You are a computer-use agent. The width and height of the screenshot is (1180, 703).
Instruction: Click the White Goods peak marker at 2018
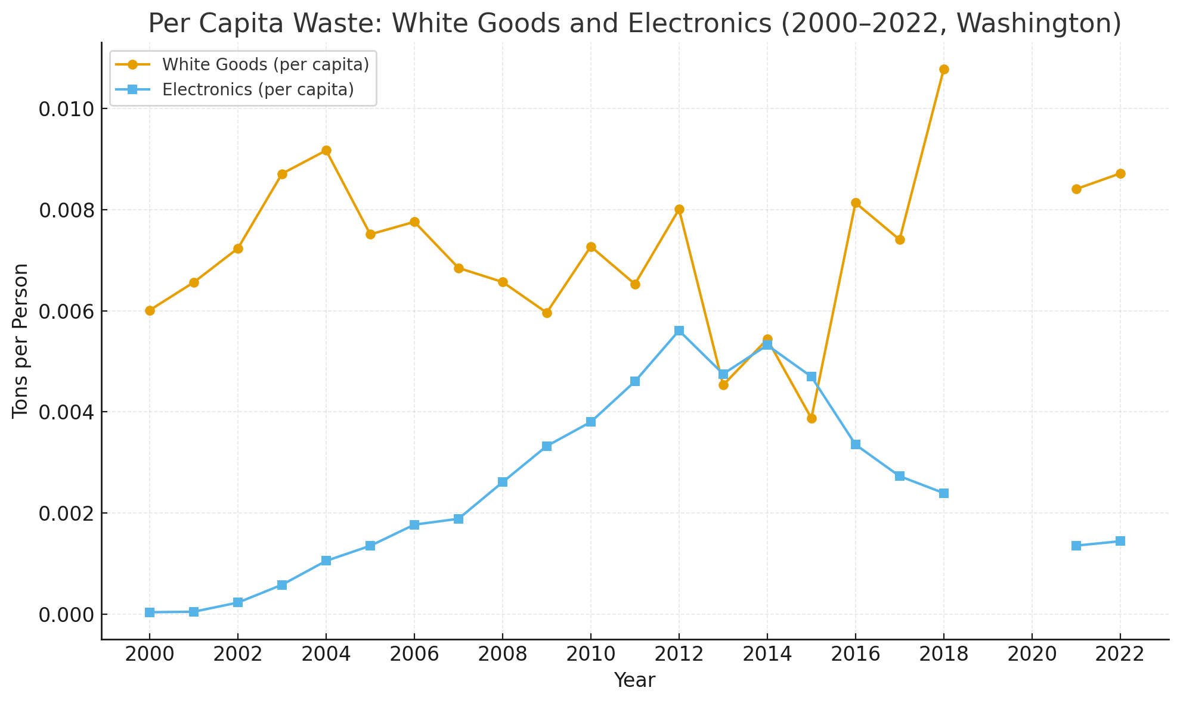pyautogui.click(x=943, y=70)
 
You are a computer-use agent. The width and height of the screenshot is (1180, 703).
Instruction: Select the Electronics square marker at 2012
pyautogui.click(x=679, y=331)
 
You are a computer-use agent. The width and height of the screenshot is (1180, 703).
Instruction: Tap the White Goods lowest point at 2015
pyautogui.click(x=811, y=418)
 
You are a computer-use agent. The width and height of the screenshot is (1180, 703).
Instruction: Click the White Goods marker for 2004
pyautogui.click(x=326, y=151)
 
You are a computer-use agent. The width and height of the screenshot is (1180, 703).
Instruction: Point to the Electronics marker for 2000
pyautogui.click(x=150, y=612)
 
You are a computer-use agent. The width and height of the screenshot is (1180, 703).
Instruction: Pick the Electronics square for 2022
pyautogui.click(x=1120, y=541)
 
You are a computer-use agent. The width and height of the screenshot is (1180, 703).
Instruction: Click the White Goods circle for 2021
pyautogui.click(x=1076, y=189)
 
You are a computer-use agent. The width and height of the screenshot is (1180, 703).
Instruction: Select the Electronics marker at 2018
pyautogui.click(x=943, y=493)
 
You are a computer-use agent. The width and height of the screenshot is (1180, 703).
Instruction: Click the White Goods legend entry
pyautogui.click(x=265, y=64)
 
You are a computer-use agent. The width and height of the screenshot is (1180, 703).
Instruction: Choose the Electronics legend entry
pyautogui.click(x=258, y=89)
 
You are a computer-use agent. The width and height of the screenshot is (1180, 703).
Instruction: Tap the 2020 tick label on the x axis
pyautogui.click(x=1032, y=654)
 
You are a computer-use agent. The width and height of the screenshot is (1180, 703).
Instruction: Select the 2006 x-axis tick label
pyautogui.click(x=414, y=654)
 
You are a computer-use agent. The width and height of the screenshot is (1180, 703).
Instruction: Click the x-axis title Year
pyautogui.click(x=634, y=680)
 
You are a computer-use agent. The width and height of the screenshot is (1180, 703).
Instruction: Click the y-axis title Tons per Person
pyautogui.click(x=21, y=341)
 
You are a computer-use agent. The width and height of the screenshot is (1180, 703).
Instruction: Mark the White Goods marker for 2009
pyautogui.click(x=546, y=313)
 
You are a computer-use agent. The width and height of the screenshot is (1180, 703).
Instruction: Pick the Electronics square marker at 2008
pyautogui.click(x=502, y=482)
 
